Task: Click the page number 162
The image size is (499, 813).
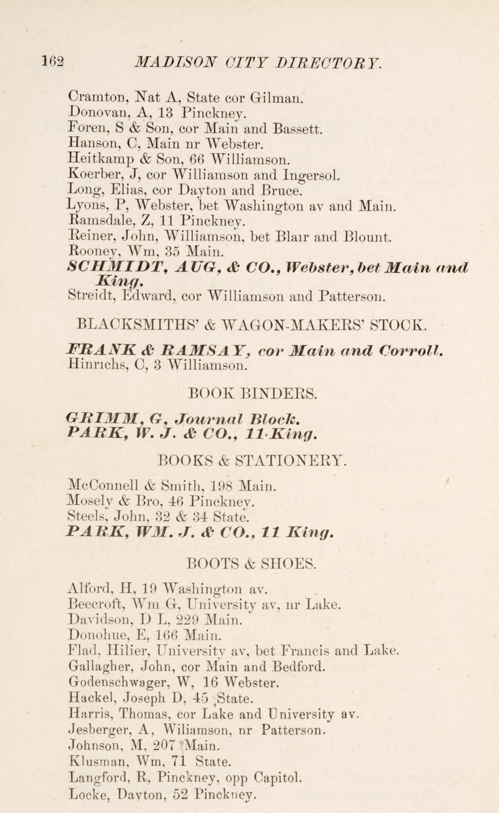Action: coord(52,62)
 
